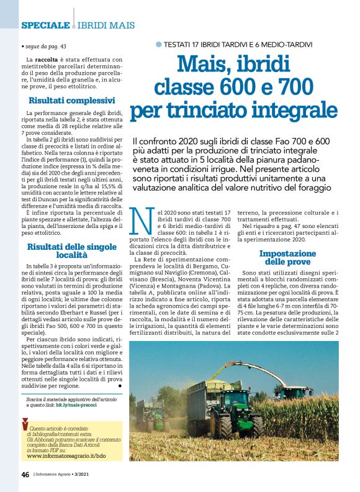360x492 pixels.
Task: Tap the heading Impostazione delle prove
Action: coord(287,258)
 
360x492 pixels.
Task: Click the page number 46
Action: coord(25,475)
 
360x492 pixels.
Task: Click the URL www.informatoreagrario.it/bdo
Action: coord(66,455)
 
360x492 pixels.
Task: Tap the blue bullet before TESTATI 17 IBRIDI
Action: coord(158,44)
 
